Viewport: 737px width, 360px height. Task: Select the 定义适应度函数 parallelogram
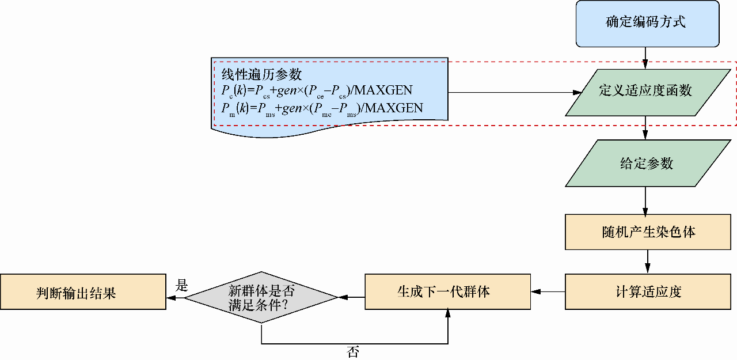pos(645,90)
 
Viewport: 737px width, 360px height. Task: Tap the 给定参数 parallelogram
pos(645,164)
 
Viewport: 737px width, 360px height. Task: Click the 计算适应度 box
pos(648,292)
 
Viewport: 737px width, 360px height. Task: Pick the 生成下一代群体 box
pos(447,292)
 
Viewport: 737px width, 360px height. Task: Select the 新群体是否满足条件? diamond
pos(261,298)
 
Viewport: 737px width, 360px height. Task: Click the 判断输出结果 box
pos(83,293)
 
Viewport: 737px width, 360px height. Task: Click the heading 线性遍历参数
pos(262,74)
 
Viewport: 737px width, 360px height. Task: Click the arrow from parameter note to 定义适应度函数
pos(512,92)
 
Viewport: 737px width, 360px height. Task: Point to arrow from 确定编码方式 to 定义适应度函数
pos(645,55)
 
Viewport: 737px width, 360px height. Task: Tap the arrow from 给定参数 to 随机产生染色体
pos(645,200)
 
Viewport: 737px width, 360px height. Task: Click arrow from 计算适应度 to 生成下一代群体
pos(548,292)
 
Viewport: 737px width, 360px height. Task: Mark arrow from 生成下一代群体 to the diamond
pos(351,298)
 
